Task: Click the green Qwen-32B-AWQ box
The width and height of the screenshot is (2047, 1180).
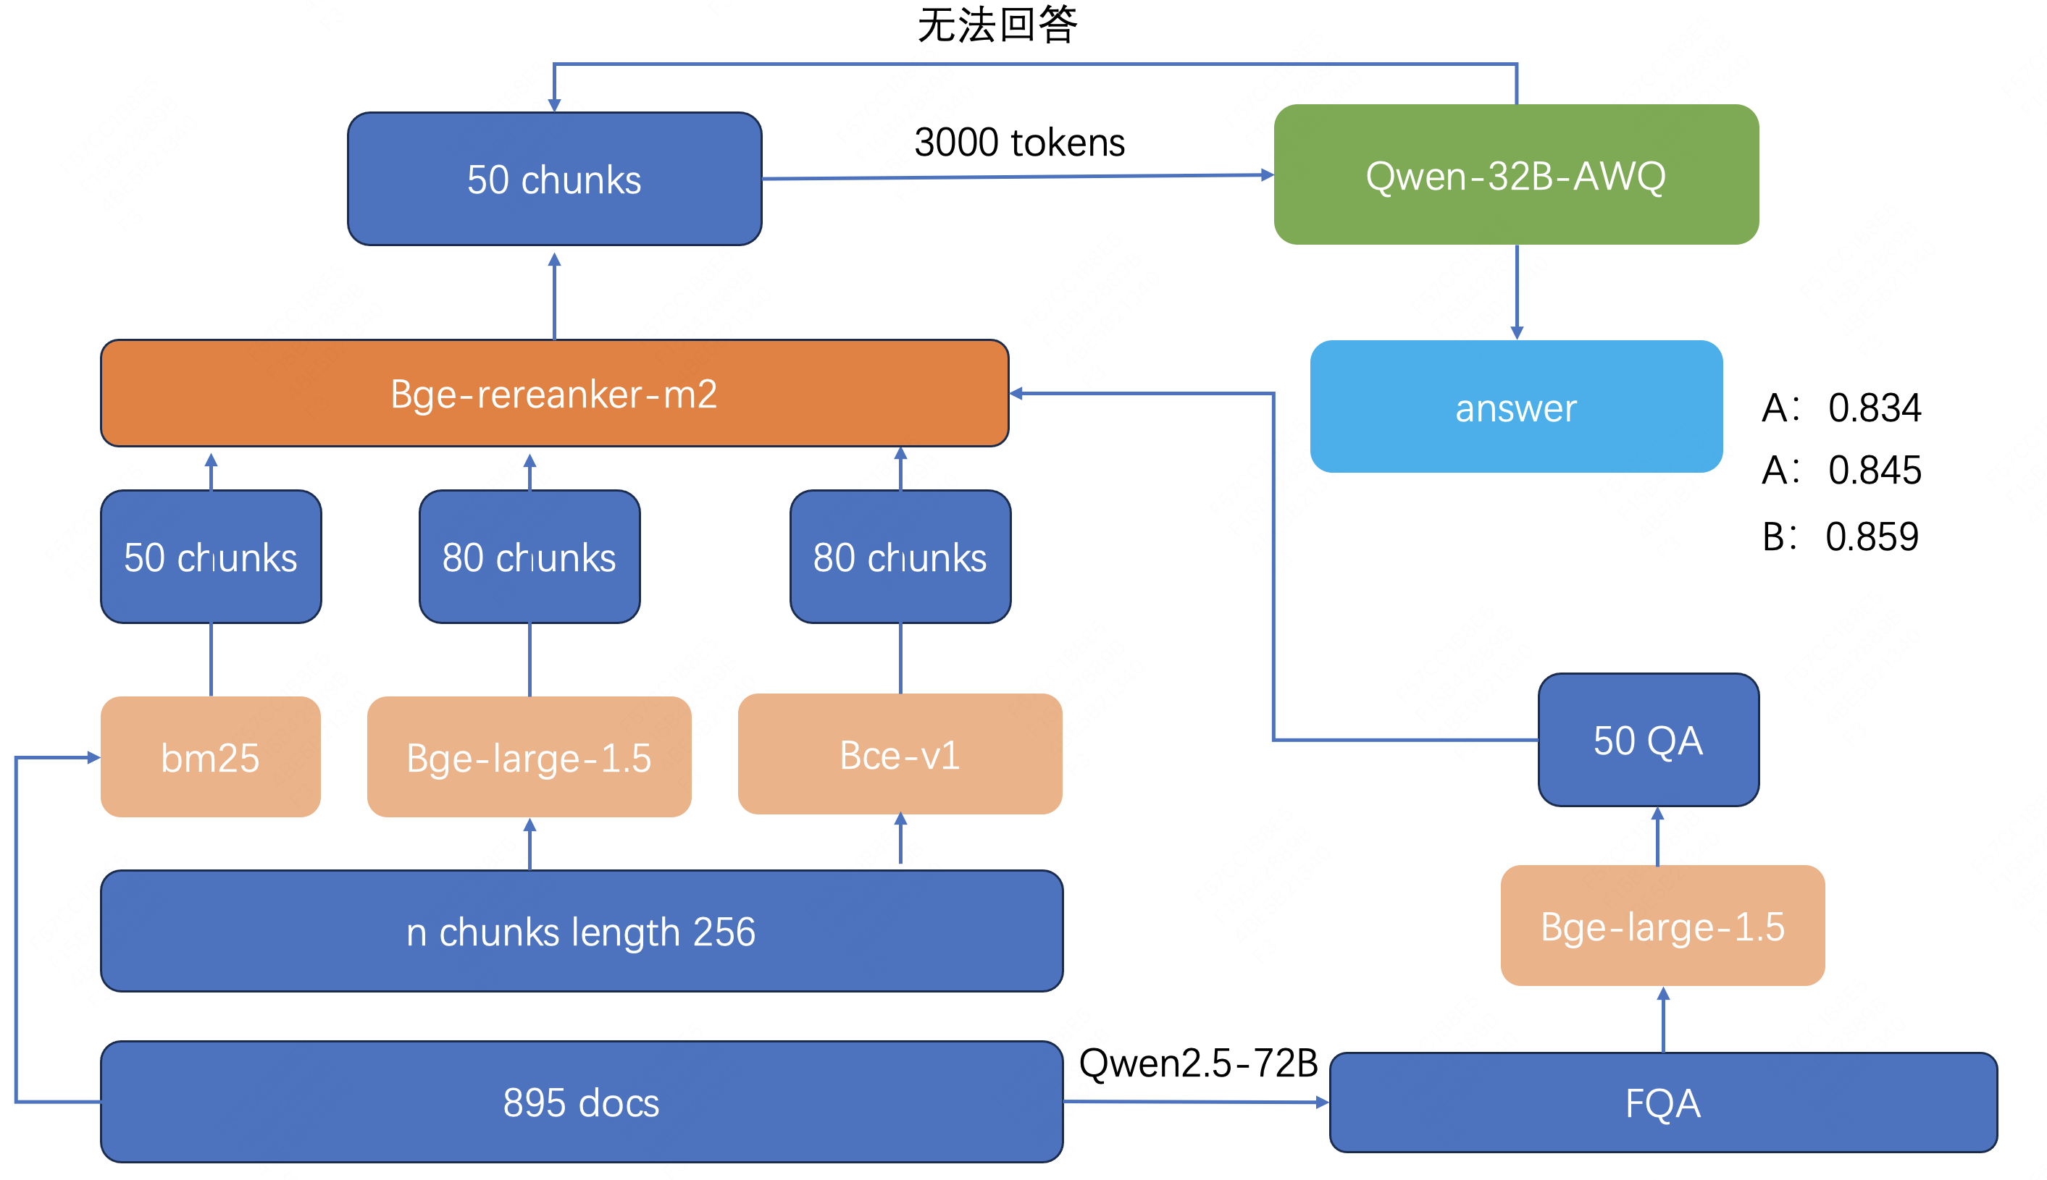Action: point(1515,174)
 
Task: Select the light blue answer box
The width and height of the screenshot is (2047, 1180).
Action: point(1515,406)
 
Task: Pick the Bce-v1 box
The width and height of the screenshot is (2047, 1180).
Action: point(899,754)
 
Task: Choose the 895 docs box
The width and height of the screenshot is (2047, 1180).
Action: point(580,1101)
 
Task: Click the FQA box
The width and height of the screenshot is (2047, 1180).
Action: point(1662,1103)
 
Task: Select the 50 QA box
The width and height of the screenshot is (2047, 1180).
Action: point(1647,739)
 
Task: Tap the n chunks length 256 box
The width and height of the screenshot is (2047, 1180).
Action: point(580,930)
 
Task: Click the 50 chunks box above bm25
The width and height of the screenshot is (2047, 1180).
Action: point(210,557)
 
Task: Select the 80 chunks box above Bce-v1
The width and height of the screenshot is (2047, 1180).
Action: point(899,557)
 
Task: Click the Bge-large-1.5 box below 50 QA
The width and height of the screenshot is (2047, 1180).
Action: point(1662,924)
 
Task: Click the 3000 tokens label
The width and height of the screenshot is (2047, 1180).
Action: point(1019,143)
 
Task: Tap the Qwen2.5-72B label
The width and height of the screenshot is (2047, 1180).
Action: point(1198,1063)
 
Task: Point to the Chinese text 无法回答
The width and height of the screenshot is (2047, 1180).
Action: point(997,25)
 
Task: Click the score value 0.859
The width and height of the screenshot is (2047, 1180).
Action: point(1871,536)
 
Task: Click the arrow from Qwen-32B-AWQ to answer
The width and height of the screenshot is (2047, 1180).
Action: point(1516,292)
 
